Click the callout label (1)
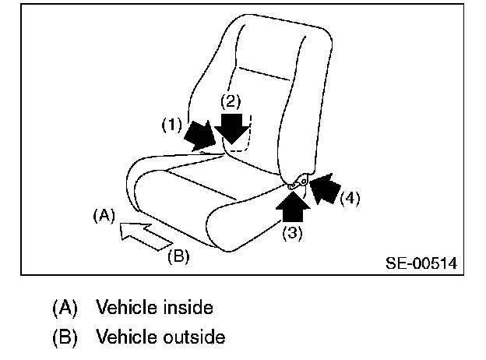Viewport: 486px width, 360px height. click(x=171, y=123)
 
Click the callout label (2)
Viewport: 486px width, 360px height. click(x=231, y=101)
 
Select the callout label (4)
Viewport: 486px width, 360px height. click(x=349, y=198)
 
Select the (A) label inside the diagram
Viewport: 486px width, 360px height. click(x=103, y=214)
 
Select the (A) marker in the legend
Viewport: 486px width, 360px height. click(x=65, y=308)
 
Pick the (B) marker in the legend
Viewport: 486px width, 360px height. click(x=65, y=337)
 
